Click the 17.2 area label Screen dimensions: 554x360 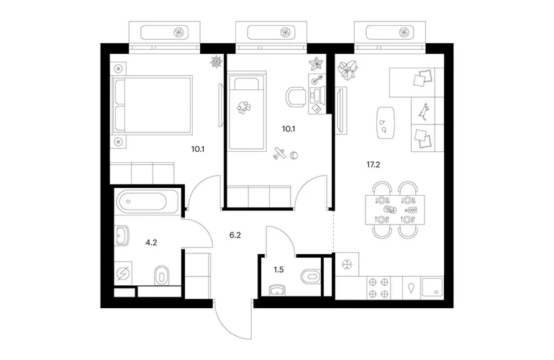(x=373, y=164)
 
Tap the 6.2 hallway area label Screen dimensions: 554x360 (x=235, y=235)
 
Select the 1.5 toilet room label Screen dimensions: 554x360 (x=278, y=270)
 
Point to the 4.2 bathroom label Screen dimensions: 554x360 (x=151, y=242)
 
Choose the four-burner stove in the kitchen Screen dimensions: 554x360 (x=378, y=288)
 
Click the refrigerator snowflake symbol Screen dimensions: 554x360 (x=347, y=264)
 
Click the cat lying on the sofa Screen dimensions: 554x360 (x=423, y=110)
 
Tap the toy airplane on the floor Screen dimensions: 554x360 (x=279, y=153)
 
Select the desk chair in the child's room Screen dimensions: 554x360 (x=296, y=96)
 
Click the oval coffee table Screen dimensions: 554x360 (x=384, y=122)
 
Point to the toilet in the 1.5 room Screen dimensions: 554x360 (x=311, y=276)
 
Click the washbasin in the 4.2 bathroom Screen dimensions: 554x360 (x=122, y=235)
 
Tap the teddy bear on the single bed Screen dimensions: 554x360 (x=244, y=107)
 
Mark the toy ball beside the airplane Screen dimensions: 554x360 (x=294, y=155)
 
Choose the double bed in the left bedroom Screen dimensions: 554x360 (x=152, y=105)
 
